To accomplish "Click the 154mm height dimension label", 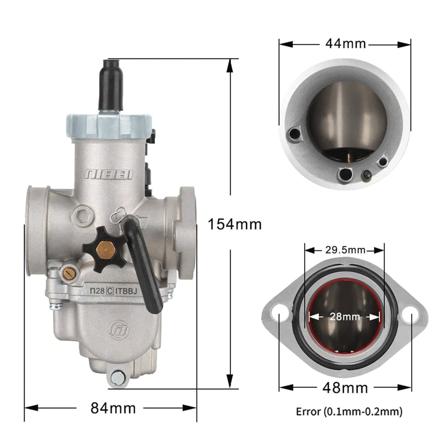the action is pos(235,224).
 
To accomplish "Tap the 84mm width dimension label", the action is pos(113,408).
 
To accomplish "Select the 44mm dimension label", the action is pos(346,44).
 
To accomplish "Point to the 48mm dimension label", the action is pos(345,387).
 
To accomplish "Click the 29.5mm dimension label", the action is pos(345,250).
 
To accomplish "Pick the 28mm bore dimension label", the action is pos(345,316).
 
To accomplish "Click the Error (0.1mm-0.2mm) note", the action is pos(349,411).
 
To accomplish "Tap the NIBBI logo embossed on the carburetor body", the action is pos(109,174).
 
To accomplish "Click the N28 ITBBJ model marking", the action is pos(113,291).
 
